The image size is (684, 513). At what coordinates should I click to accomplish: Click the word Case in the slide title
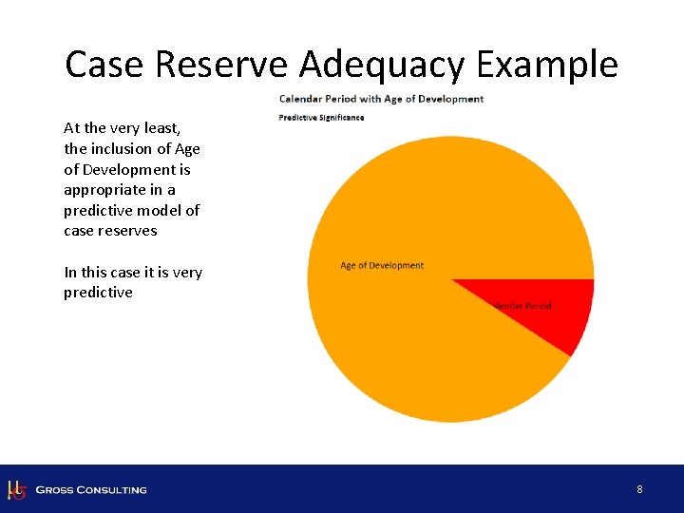(x=104, y=65)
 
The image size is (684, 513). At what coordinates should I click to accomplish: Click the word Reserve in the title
(x=221, y=65)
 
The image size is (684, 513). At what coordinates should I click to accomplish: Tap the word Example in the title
(x=547, y=65)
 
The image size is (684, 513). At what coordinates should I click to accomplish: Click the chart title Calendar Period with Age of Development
(x=381, y=99)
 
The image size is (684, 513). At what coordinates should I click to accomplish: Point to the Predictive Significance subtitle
(x=321, y=118)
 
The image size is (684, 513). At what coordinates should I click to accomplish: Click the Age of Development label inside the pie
(x=382, y=265)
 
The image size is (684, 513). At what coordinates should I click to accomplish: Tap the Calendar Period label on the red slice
(x=520, y=306)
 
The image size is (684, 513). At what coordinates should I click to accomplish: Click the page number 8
(x=639, y=489)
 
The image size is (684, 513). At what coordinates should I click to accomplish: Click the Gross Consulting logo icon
(x=16, y=489)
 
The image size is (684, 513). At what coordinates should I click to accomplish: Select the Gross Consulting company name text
(x=91, y=490)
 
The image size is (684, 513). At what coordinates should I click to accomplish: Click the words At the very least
(x=122, y=127)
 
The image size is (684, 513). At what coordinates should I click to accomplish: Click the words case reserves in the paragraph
(x=110, y=231)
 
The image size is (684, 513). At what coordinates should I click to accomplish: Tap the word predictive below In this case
(x=98, y=293)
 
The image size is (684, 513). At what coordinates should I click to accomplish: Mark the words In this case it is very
(x=133, y=273)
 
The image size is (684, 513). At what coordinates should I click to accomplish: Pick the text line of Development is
(x=126, y=169)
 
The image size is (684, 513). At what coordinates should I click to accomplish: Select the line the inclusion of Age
(x=131, y=148)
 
